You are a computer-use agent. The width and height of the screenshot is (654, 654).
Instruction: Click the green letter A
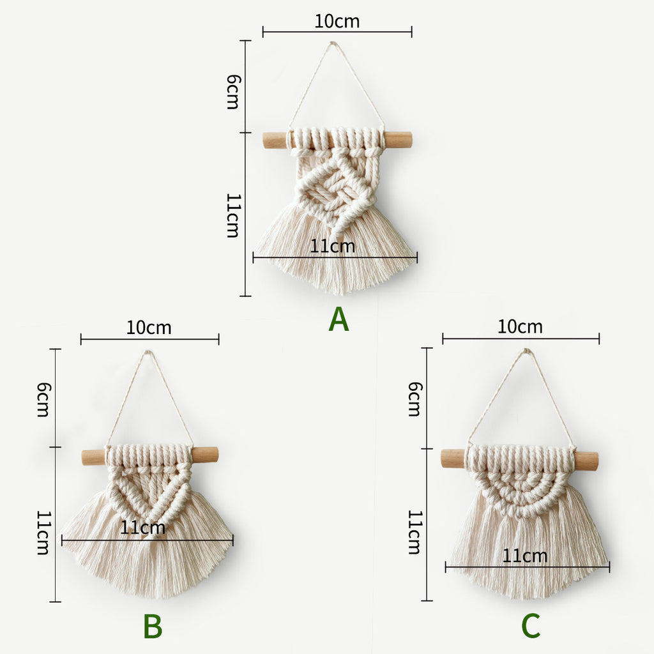pos(338,319)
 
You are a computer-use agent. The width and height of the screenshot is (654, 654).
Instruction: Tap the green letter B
pos(153,626)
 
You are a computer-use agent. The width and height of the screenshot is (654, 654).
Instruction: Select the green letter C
pos(531,626)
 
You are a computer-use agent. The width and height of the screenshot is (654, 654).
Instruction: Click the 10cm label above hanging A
pos(337,21)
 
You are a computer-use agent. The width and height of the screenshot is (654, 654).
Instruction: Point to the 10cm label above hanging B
pos(149,328)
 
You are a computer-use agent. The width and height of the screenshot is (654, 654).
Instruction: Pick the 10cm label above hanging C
pos(520,326)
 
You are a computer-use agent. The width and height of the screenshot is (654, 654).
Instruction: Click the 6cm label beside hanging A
pos(234,92)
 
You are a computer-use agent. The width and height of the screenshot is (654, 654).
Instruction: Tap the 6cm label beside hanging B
pos(43,399)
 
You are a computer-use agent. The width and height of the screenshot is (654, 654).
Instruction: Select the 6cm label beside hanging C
pos(414,399)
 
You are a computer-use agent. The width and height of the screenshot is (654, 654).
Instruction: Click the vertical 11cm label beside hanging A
pos(232,215)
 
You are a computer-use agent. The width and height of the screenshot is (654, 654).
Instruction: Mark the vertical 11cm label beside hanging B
pos(43,533)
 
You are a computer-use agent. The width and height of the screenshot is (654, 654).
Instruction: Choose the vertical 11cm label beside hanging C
pos(414,532)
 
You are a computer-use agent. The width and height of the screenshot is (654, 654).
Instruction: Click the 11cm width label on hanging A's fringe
pos(332,247)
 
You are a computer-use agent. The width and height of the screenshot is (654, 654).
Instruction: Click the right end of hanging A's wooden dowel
pos(411,140)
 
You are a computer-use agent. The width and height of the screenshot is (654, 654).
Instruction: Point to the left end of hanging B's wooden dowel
pos(83,457)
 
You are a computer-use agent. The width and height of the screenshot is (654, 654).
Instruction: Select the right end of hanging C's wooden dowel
pos(597,459)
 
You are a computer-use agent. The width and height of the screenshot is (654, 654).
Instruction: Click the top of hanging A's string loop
pos(332,43)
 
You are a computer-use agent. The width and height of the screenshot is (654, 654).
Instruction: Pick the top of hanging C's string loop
pos(527,351)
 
